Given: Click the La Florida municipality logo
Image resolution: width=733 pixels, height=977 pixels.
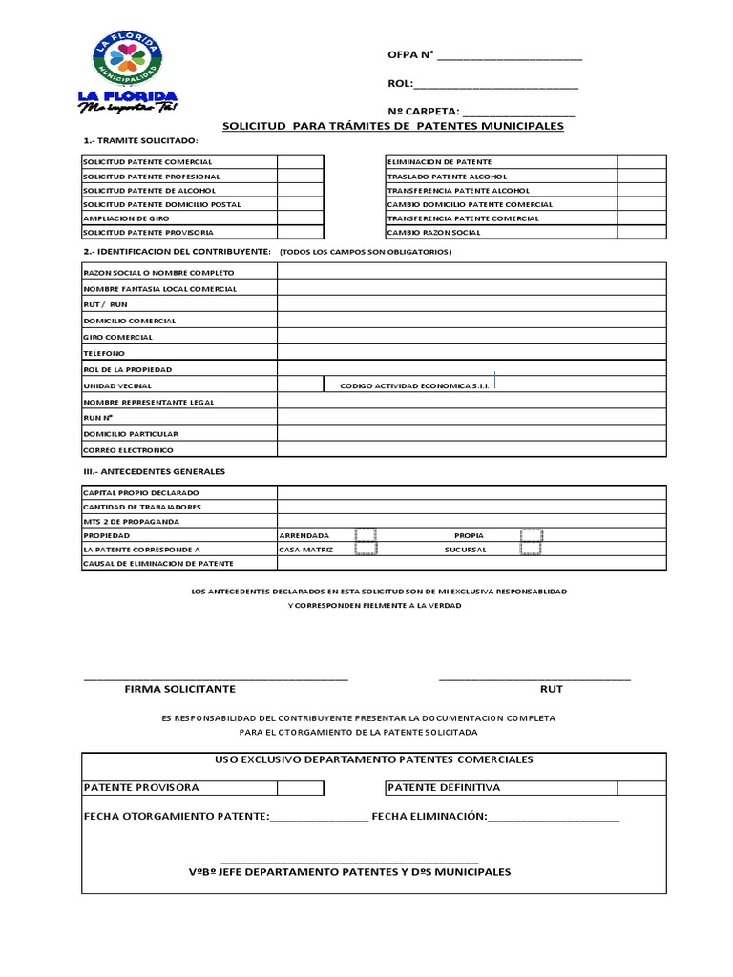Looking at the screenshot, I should [x=127, y=72].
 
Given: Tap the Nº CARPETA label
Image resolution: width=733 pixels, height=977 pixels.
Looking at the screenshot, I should [x=424, y=111].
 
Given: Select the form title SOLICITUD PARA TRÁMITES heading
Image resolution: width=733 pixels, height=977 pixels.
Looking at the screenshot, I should [x=392, y=126].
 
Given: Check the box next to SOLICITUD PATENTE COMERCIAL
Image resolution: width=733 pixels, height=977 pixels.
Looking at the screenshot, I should [x=301, y=162].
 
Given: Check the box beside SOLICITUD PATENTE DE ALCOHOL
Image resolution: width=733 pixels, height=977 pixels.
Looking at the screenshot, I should [x=301, y=190].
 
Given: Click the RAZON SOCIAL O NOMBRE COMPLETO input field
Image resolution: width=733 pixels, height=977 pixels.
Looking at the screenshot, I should [x=471, y=272].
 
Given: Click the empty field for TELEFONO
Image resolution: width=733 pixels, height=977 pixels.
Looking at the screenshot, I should [x=471, y=352].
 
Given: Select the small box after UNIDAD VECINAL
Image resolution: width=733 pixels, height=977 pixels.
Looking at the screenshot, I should [x=301, y=385].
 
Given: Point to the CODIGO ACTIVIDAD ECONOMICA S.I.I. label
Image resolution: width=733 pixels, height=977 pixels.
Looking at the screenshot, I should [x=408, y=385].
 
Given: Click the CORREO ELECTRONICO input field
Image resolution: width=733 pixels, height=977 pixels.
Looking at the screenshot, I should [x=471, y=449].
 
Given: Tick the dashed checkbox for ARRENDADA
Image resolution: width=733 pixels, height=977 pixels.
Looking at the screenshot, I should [x=366, y=535].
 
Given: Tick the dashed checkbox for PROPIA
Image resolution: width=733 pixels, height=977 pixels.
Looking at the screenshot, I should [x=532, y=535].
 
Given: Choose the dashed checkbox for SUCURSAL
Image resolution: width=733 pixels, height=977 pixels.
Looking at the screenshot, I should [x=532, y=550].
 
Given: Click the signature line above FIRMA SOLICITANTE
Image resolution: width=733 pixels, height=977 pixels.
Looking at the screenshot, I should [x=216, y=678].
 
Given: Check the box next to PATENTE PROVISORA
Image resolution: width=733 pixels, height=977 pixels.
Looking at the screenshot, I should [x=301, y=788].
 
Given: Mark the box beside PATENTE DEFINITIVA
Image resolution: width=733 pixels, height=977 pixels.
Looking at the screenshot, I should [x=641, y=788].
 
